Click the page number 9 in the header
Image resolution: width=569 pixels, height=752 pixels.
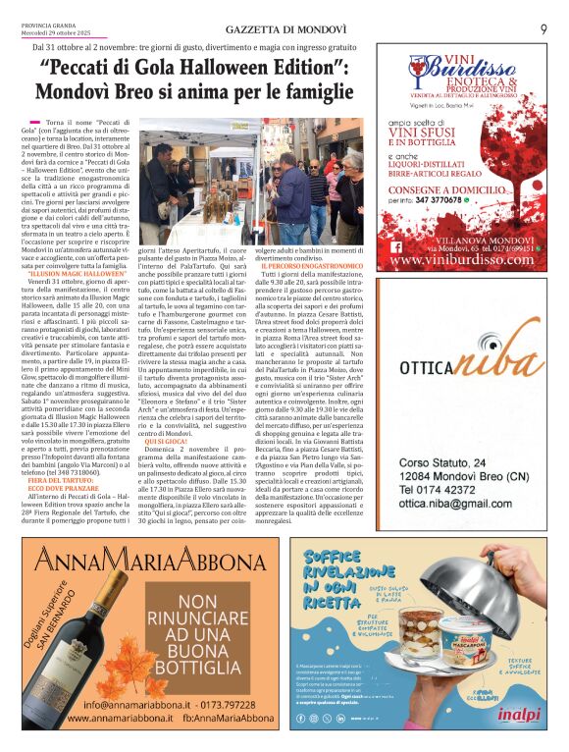point(543,29)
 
